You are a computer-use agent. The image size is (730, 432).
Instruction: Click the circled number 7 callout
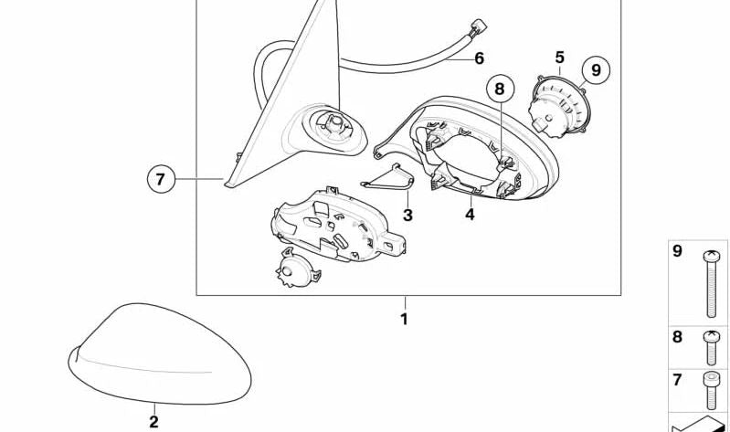point(161,179)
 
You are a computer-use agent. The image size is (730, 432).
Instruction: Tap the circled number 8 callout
point(500,89)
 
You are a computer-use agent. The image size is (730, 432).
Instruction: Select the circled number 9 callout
point(596,69)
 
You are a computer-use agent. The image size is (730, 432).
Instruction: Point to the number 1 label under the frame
point(404,320)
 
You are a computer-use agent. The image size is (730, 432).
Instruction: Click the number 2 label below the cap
point(153,422)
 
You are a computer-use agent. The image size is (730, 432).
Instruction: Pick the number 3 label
point(407,215)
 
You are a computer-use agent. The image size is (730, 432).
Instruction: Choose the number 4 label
point(470,215)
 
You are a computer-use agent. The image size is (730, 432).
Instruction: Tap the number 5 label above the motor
point(559,58)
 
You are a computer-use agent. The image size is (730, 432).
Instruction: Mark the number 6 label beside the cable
point(480,58)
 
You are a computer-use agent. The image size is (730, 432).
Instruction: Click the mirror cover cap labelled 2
point(159,354)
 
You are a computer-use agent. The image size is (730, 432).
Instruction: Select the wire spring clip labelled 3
point(387,178)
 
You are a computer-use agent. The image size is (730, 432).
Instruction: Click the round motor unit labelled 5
point(558,106)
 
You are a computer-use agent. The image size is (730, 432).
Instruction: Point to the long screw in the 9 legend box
point(711,284)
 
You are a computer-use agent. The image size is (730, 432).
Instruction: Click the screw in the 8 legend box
point(711,348)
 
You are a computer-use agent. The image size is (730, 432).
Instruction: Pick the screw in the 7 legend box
point(711,391)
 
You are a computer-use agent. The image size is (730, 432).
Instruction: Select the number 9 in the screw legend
point(677,252)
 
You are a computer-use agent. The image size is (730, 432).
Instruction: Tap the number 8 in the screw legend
point(677,337)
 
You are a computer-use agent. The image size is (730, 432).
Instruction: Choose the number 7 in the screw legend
point(677,380)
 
